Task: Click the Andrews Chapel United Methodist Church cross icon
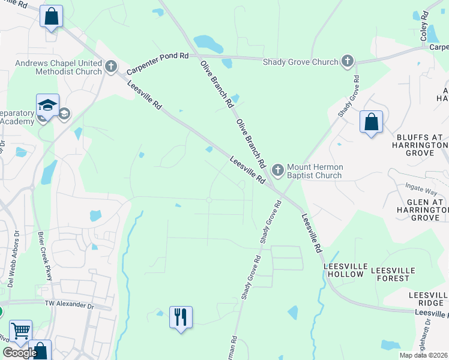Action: click(110, 66)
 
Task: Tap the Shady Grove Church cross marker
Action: click(347, 61)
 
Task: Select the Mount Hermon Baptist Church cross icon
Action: click(277, 170)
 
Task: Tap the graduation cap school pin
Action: click(47, 105)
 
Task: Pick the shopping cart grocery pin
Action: click(21, 330)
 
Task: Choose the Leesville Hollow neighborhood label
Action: click(343, 269)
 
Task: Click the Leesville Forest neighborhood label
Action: click(401, 274)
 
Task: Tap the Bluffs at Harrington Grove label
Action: click(420, 145)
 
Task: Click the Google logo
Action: click(20, 353)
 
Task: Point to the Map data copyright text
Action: click(424, 355)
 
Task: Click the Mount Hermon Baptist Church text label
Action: click(314, 171)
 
